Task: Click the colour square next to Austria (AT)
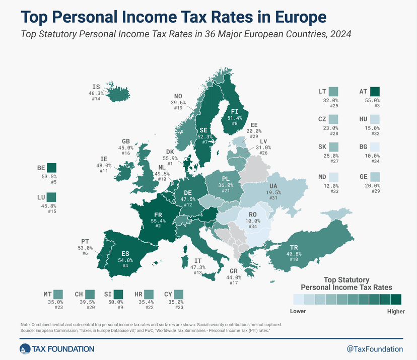click(x=374, y=92)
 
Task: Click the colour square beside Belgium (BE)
click(x=51, y=168)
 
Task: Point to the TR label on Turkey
click(x=294, y=247)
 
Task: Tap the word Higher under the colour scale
click(x=395, y=311)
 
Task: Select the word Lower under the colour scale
click(x=298, y=311)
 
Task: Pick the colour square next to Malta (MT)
click(x=58, y=294)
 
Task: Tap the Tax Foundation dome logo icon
click(x=25, y=348)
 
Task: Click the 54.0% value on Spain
click(x=125, y=260)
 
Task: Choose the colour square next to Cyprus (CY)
click(x=179, y=294)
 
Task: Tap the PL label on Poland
click(x=225, y=178)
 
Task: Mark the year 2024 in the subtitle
click(x=338, y=34)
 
